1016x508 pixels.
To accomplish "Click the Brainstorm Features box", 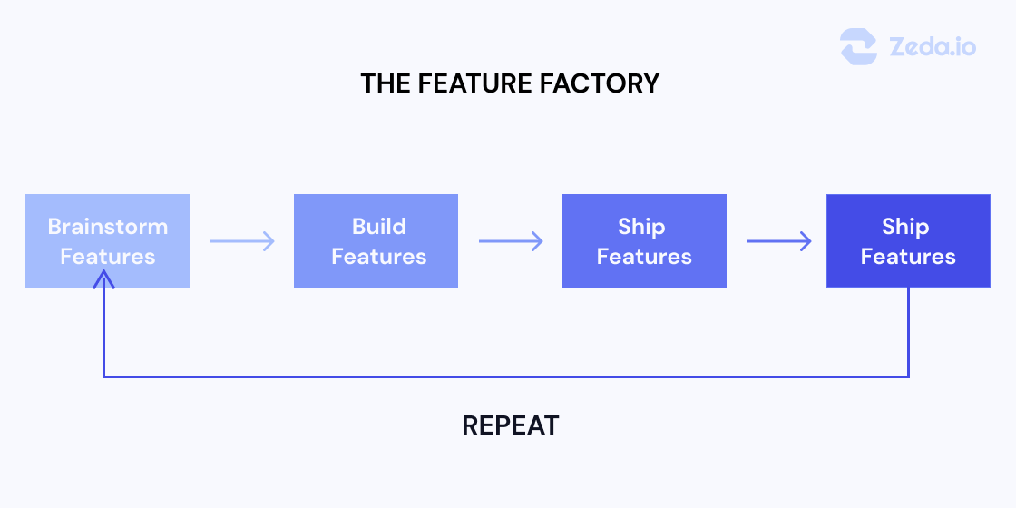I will pos(107,240).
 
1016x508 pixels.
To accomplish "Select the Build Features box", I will pos(376,240).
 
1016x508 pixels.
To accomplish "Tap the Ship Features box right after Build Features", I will pos(644,240).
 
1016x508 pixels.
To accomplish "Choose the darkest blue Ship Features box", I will pos(908,240).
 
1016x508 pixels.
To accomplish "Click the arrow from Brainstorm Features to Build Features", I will pos(242,241).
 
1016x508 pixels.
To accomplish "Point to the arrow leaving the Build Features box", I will pos(511,241).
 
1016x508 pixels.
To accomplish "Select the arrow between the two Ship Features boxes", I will pos(779,241).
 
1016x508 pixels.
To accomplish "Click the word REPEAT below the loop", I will pos(511,425).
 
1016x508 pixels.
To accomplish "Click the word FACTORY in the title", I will pos(603,83).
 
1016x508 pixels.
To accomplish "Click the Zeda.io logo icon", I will pos(858,46).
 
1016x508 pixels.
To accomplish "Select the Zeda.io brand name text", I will pos(933,46).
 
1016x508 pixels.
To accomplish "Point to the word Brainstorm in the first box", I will pos(107,226).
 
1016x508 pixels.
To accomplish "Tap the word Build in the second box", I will pos(378,226).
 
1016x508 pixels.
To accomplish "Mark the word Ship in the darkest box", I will pos(905,226).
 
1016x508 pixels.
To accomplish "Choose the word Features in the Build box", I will pos(378,257).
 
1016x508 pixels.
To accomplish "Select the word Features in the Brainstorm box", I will pos(107,257).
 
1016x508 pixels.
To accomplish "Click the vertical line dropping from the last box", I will pos(908,331).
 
